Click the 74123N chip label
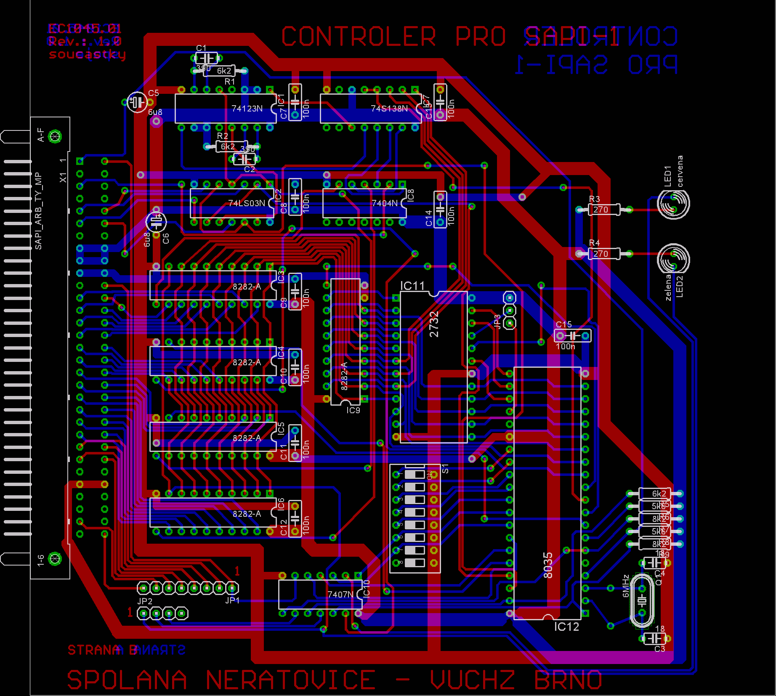(247, 109)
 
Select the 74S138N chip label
(389, 109)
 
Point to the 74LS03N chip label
(247, 203)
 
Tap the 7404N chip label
(385, 203)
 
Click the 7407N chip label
(340, 594)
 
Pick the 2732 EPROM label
(434, 324)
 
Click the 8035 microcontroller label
(547, 565)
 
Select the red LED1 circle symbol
(673, 204)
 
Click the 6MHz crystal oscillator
(642, 600)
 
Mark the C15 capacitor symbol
(572, 336)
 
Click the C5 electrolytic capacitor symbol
(137, 102)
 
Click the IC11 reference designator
(412, 286)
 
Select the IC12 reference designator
(566, 627)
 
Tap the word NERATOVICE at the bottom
(290, 680)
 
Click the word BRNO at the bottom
(568, 680)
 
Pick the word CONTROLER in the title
(359, 37)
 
